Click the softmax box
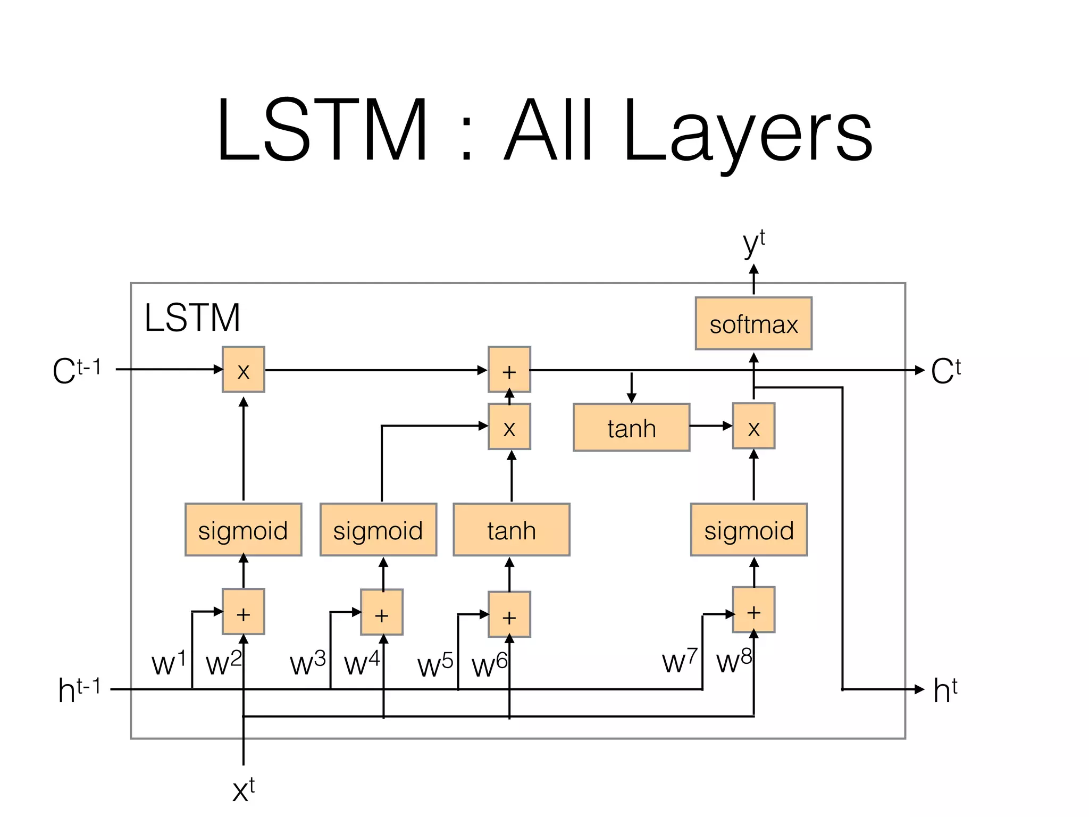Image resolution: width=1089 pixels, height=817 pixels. point(753,323)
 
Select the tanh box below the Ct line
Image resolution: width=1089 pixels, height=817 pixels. point(631,428)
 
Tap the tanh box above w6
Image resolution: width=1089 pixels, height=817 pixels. point(511,530)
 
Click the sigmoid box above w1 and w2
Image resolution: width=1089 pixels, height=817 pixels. point(243,530)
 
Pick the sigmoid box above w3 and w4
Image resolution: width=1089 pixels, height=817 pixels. point(378,530)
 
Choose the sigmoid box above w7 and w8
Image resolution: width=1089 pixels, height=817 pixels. point(749,530)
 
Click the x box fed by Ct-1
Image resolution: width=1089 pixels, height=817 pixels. point(243,370)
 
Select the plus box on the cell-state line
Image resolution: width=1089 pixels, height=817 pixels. point(509,370)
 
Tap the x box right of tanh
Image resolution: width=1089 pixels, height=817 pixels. point(753,426)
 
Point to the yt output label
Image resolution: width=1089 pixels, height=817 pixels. point(753,244)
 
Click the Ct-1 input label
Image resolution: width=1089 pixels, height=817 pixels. point(77,370)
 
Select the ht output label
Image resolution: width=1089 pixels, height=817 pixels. point(945,690)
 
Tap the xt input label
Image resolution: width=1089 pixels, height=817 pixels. point(243,789)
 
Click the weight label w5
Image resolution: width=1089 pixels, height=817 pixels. point(435,665)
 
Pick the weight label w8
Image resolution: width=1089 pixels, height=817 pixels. point(734,661)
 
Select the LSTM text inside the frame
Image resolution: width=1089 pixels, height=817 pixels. point(192,318)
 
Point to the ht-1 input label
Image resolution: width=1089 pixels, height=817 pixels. point(79,690)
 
